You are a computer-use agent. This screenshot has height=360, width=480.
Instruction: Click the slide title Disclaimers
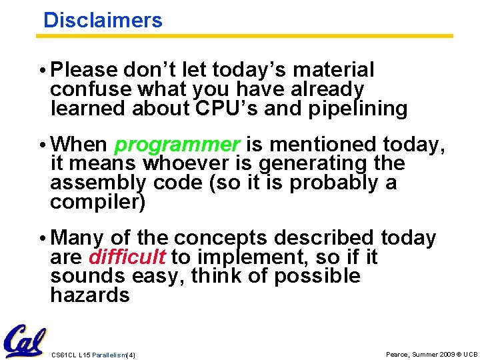click(103, 20)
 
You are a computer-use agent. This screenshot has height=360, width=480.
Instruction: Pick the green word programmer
click(177, 144)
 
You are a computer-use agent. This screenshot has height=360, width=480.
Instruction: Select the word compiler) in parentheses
click(97, 202)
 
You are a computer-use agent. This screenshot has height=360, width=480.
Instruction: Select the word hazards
click(90, 295)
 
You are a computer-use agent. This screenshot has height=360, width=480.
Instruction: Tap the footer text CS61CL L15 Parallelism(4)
click(93, 355)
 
